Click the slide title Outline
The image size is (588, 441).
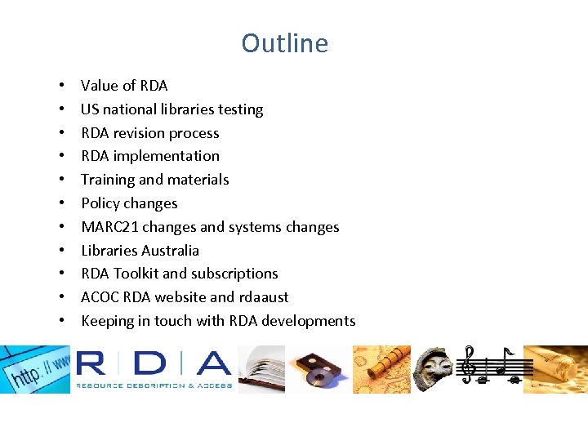pyautogui.click(x=284, y=43)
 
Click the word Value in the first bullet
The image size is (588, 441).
pyautogui.click(x=99, y=86)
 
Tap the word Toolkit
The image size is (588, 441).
pyautogui.click(x=141, y=274)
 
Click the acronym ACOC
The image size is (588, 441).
pyautogui.click(x=100, y=297)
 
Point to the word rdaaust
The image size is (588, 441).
pyautogui.click(x=263, y=297)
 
